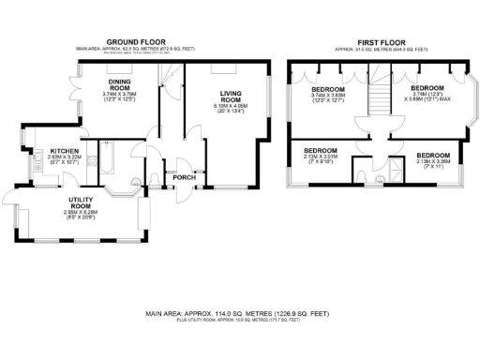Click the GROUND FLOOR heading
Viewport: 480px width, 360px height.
[137, 42]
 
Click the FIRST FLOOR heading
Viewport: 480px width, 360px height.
[381, 42]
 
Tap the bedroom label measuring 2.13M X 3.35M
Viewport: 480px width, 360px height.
[433, 156]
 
